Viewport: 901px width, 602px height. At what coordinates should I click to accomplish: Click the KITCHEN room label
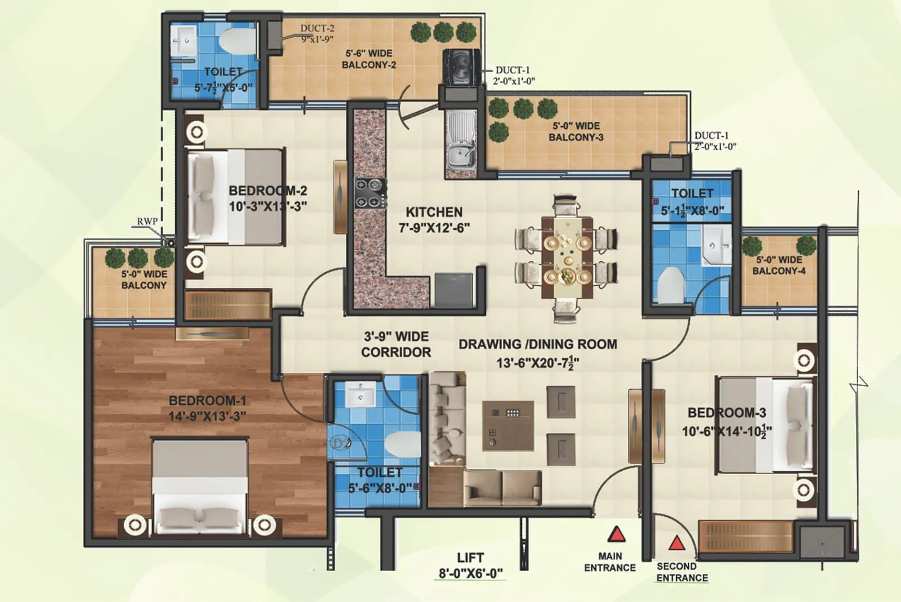[434, 213]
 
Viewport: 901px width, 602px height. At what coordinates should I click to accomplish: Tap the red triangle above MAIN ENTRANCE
[617, 534]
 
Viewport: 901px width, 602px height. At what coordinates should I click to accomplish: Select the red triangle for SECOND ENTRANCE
[676, 543]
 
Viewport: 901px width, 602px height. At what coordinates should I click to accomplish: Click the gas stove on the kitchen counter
[370, 193]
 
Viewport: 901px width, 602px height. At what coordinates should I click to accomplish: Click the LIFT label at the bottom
[470, 558]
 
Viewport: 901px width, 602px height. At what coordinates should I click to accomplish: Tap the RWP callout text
[147, 222]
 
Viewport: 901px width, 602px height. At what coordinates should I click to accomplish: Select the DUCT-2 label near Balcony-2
[317, 28]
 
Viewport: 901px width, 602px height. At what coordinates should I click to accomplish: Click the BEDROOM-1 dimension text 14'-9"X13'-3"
[207, 417]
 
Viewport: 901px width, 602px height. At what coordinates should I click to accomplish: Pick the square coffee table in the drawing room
[507, 426]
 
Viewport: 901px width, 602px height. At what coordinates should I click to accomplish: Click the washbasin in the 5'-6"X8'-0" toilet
[360, 395]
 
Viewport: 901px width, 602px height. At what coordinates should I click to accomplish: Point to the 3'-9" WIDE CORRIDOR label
[396, 344]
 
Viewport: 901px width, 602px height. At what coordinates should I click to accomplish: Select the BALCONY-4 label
[779, 271]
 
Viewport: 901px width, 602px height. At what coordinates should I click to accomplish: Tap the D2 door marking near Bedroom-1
[340, 443]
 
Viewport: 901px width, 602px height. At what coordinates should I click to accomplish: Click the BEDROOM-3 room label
[726, 413]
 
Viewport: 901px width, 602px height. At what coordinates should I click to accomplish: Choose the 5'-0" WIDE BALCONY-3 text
[576, 131]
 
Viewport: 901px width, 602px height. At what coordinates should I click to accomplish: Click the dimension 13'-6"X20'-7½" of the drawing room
[537, 362]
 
